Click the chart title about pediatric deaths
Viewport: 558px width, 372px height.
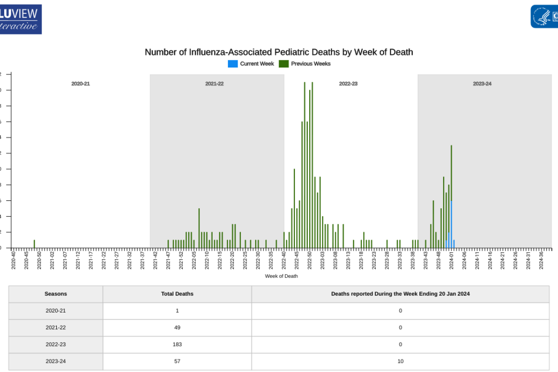[x=279, y=52]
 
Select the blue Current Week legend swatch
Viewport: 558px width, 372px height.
[x=232, y=64]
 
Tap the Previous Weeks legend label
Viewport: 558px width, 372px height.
[x=311, y=64]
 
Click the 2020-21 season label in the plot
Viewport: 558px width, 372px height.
[x=80, y=84]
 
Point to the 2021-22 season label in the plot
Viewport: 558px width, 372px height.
[x=214, y=84]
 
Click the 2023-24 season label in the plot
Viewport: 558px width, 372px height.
[x=482, y=84]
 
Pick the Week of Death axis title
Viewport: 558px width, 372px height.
[x=281, y=276]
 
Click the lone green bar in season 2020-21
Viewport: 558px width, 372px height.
[x=34, y=244]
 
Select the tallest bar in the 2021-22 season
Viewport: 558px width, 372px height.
[x=199, y=228]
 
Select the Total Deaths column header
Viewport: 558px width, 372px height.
[x=177, y=294]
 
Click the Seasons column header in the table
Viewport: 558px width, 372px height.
[x=56, y=294]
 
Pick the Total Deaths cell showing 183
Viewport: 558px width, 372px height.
[x=177, y=344]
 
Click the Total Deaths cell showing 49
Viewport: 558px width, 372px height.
[x=177, y=327]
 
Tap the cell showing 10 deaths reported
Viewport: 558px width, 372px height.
[x=400, y=361]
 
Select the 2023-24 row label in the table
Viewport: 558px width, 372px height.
[x=56, y=361]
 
